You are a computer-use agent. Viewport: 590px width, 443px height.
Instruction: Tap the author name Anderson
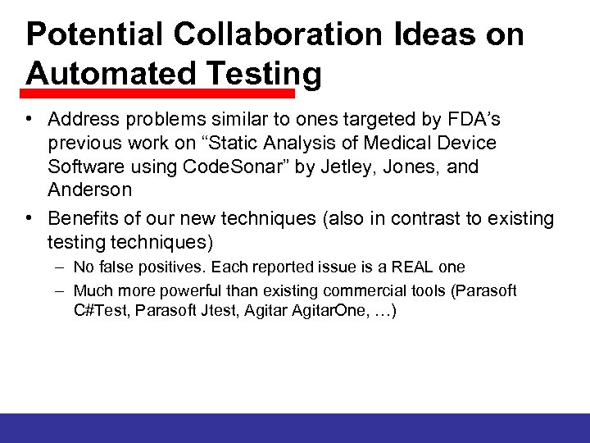coord(89,190)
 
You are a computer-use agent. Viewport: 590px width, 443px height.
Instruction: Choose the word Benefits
coord(82,219)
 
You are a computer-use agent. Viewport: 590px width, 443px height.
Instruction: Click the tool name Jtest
coord(217,312)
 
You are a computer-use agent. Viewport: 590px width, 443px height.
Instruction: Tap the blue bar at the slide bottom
coord(295,427)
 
